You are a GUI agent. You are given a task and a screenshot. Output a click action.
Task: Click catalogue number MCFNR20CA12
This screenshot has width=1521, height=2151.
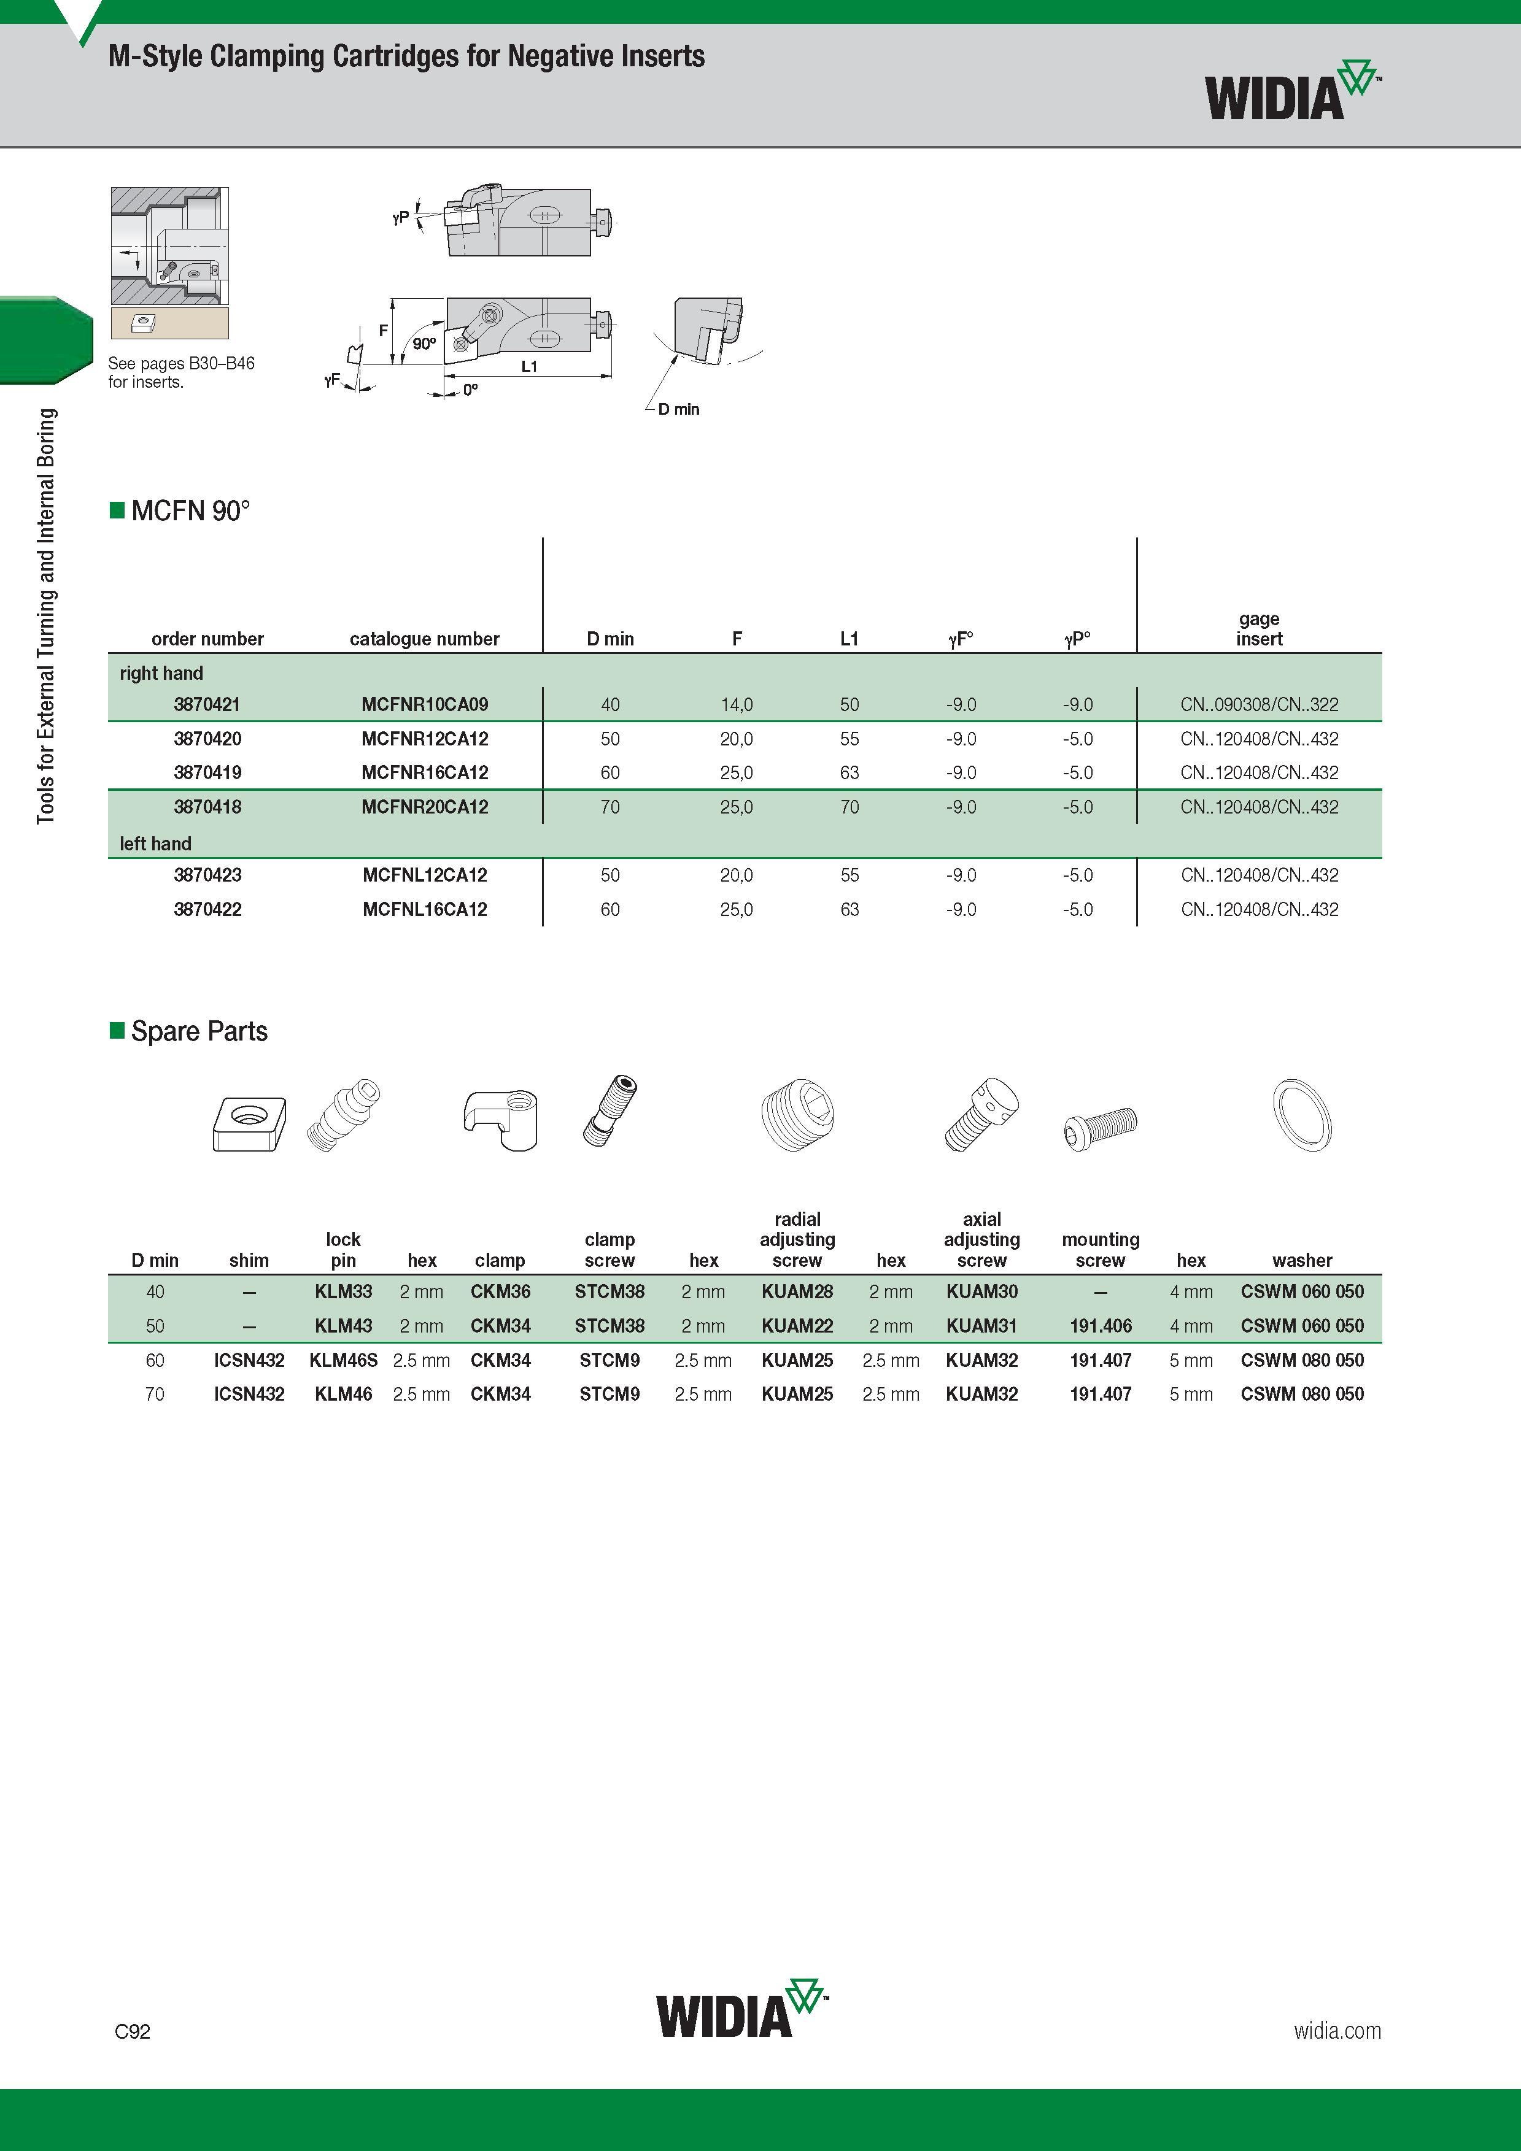pos(425,807)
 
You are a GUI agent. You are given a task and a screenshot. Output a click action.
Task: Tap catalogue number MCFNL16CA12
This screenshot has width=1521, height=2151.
pos(425,909)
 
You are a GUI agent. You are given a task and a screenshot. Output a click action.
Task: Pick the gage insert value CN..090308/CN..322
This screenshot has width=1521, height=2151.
pos(1258,704)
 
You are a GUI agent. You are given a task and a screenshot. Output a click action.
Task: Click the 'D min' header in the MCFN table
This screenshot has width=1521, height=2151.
pos(610,639)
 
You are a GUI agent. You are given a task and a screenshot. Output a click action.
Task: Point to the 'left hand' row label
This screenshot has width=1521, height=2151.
pos(155,843)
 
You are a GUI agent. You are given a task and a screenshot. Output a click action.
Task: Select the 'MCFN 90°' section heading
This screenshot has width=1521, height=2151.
pos(191,510)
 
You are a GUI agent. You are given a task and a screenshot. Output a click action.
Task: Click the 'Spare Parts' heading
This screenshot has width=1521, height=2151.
pos(199,1031)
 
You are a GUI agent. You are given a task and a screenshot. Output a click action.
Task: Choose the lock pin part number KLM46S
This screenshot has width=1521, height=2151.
pos(343,1360)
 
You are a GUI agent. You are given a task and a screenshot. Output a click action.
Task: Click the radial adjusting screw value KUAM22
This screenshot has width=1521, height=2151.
pos(797,1326)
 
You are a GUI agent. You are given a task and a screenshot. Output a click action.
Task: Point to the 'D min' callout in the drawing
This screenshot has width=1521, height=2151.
pos(678,409)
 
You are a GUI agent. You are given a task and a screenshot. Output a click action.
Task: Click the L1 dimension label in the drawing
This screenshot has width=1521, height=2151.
pos(530,366)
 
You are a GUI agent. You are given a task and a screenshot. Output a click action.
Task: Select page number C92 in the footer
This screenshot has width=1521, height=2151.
pos(132,2031)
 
